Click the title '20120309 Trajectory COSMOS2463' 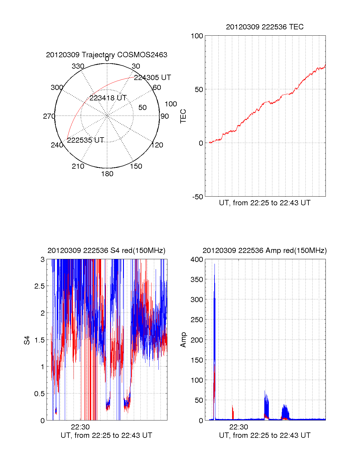tap(106, 55)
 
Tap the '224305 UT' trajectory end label tap(152, 78)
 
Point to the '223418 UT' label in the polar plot tap(108, 98)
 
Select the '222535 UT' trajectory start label tap(85, 140)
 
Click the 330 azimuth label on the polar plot tap(78, 66)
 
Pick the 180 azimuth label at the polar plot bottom tap(107, 174)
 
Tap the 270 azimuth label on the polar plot tap(49, 116)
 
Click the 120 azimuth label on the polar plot tap(157, 145)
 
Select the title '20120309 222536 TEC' tap(265, 27)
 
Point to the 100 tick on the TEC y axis tap(197, 36)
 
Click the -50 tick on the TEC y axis tap(198, 197)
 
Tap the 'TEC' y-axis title tap(183, 116)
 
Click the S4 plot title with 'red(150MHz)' tap(106, 251)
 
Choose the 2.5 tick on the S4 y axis tap(39, 286)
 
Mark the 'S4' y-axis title tap(27, 340)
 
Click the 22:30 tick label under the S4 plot tap(80, 427)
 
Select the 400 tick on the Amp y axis tap(197, 260)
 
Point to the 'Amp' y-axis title tap(183, 340)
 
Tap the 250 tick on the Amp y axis tap(197, 320)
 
